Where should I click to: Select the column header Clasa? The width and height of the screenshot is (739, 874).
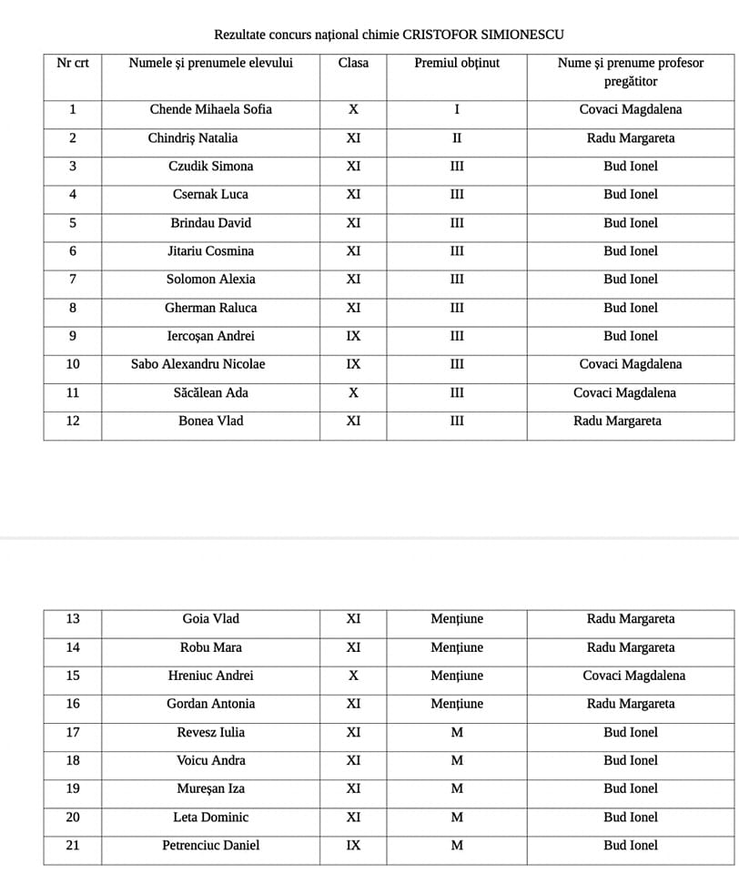coord(353,63)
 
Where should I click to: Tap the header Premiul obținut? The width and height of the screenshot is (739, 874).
coord(457,63)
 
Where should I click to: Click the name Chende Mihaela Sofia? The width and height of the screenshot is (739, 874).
coord(211,109)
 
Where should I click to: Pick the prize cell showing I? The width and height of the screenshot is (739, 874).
coord(457,109)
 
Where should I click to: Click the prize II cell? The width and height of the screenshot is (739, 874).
coord(457,138)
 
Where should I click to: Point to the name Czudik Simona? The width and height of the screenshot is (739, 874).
coord(211,166)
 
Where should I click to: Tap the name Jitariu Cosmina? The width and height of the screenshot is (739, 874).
coord(211,250)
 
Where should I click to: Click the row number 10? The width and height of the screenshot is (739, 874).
coord(73,364)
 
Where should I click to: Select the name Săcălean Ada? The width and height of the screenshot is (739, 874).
coord(211,392)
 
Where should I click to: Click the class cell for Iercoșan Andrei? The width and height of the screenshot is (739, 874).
coord(353,336)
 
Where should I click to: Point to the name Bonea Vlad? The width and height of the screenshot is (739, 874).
coord(211,421)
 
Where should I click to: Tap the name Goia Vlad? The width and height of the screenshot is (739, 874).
coord(211,619)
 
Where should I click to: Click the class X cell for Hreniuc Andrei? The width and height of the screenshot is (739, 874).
coord(353,676)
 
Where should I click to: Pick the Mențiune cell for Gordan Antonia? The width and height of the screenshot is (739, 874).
coord(457,704)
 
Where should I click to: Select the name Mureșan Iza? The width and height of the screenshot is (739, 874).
coord(211,788)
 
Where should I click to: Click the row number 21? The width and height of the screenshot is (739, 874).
coord(73,845)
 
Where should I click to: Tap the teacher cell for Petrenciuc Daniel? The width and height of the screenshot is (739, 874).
coord(631,845)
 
